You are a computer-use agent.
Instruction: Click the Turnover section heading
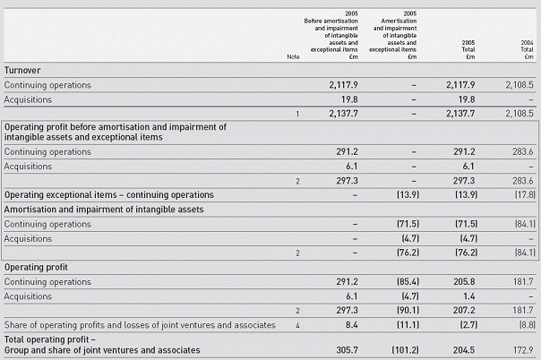22,71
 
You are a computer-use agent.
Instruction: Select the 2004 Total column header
527,49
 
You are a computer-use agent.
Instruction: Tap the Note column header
293,57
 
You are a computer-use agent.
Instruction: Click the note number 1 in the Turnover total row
297,114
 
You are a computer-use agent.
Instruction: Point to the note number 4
297,325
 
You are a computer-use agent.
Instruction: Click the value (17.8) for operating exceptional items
525,195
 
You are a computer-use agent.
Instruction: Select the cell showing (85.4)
408,282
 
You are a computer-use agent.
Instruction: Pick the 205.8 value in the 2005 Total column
464,282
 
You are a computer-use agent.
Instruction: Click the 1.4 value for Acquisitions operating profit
468,296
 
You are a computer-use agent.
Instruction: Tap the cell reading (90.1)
408,311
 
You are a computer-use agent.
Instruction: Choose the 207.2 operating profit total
464,311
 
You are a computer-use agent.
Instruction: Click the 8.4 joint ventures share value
352,325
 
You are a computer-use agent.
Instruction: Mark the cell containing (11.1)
408,325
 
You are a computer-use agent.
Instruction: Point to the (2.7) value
468,325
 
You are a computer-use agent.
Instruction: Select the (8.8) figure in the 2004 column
528,325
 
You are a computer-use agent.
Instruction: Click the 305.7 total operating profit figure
348,350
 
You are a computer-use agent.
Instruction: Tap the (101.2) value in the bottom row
406,350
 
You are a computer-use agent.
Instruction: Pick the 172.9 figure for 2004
523,350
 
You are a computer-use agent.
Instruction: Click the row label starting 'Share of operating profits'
140,325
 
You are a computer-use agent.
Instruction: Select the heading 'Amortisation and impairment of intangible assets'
104,210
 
